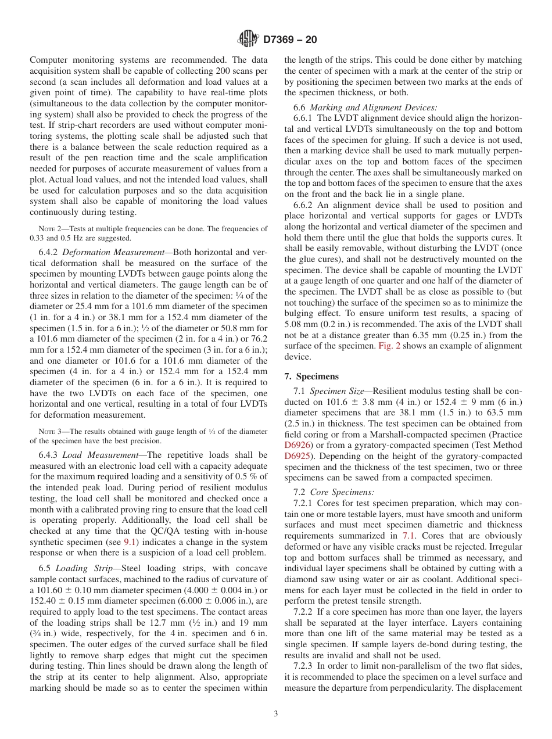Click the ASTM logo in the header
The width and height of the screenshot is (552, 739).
(249, 40)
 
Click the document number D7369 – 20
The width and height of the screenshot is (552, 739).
(289, 40)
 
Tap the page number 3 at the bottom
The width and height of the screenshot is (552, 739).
(276, 713)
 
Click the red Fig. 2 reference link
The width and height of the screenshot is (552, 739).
(388, 346)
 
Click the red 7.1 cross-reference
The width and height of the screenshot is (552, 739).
(408, 536)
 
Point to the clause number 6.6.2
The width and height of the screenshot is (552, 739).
(304, 205)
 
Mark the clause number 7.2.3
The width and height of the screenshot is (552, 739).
(304, 666)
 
